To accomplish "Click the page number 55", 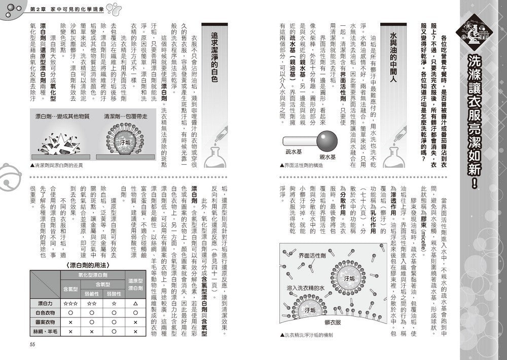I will (32, 345).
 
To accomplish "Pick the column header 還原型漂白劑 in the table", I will (135, 284).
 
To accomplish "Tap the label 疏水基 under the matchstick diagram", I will (294, 151).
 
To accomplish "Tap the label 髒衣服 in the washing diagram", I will (338, 322).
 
